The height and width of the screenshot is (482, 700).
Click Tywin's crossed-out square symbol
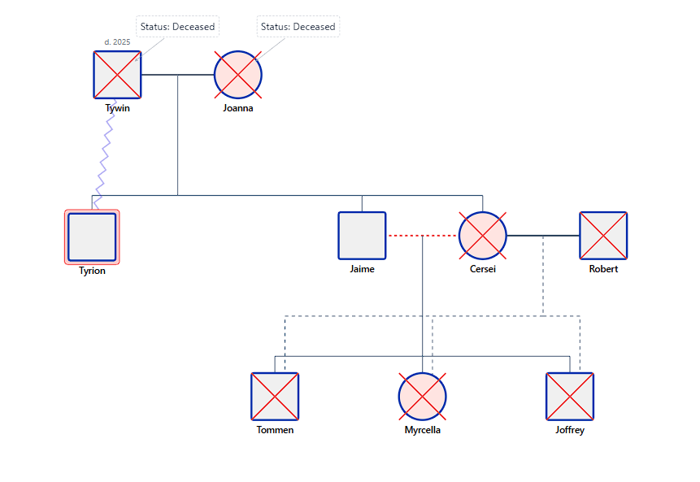117,75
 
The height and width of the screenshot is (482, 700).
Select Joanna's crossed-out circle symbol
238,75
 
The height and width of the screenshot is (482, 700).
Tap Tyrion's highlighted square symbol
92,237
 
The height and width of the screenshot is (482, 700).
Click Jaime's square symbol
362,236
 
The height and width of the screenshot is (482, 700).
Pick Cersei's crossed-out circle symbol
483,236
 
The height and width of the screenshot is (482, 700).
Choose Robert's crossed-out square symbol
603,236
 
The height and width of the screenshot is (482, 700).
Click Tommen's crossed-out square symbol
275,397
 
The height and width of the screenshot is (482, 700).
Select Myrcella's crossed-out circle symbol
422,397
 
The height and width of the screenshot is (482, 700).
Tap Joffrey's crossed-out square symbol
570,397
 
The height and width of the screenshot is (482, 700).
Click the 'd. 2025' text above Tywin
118,41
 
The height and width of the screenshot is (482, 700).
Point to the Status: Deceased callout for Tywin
177,27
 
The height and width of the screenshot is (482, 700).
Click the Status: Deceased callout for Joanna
298,27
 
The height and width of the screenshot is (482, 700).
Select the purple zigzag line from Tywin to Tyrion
104,158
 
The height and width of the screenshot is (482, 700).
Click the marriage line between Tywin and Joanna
195,75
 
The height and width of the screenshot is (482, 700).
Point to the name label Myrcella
422,430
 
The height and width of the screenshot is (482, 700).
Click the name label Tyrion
92,271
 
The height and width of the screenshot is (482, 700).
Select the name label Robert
603,269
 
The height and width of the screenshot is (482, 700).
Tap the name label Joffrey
570,430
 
